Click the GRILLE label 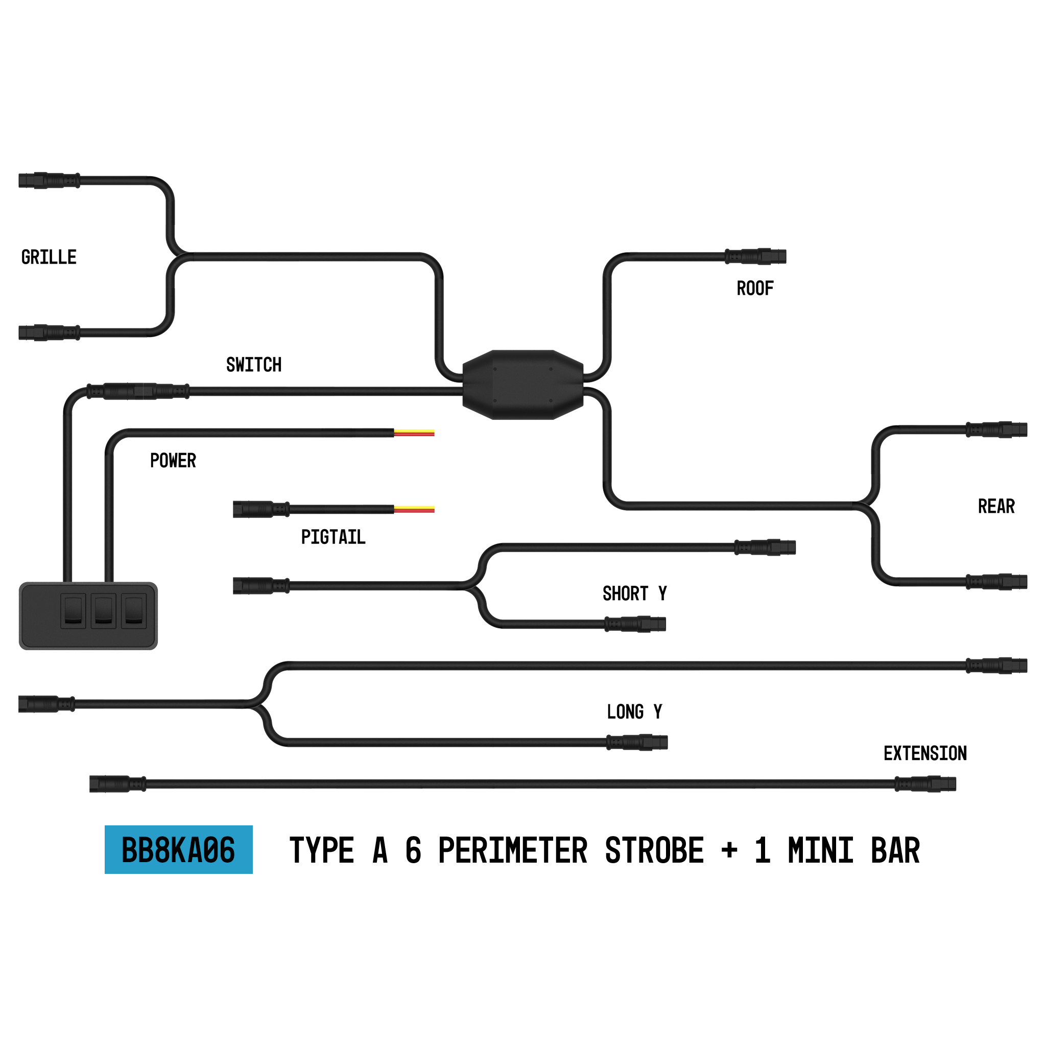pos(49,257)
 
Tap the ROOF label pos(755,289)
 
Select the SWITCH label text pos(253,365)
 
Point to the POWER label pos(173,461)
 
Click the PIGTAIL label pos(333,537)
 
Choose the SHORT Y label pos(634,594)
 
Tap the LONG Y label pos(634,712)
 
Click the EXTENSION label pos(925,754)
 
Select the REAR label pos(996,507)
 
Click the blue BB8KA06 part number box pos(179,849)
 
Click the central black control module pos(523,385)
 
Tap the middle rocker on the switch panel pos(103,611)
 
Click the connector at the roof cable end pos(756,256)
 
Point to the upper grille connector pos(49,180)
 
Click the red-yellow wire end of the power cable pos(414,433)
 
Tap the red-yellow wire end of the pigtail pos(414,509)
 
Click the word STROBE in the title pos(654,850)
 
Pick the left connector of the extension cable pos(117,784)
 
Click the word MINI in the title pos(821,850)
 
